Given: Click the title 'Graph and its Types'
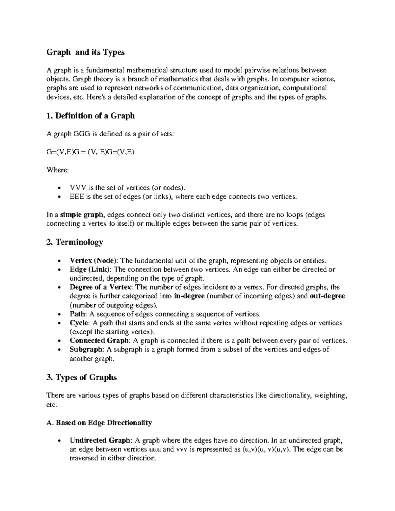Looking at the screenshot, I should click(x=85, y=52).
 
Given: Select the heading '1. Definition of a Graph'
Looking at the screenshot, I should click(x=91, y=116).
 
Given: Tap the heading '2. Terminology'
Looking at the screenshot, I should click(x=75, y=243).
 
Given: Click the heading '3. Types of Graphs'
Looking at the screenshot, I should click(x=82, y=377).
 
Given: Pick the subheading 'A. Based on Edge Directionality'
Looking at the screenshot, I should click(x=99, y=423).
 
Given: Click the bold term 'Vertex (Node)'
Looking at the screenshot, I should click(x=93, y=261).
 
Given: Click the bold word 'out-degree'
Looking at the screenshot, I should click(x=327, y=296).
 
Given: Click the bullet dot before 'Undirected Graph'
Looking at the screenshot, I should click(x=59, y=441).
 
